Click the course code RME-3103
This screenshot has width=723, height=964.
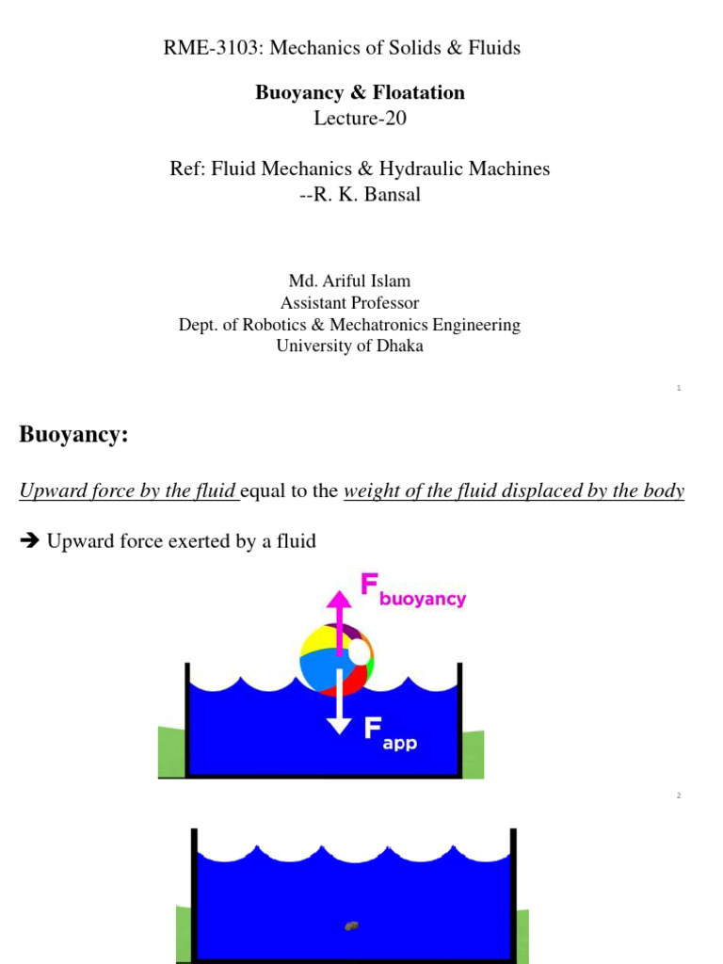click(x=206, y=47)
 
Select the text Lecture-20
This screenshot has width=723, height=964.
click(x=361, y=118)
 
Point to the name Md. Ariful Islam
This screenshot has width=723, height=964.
click(x=349, y=281)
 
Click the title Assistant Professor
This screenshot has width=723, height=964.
click(x=349, y=303)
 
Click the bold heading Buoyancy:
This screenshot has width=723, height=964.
click(x=73, y=436)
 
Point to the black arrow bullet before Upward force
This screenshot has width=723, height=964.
click(x=28, y=541)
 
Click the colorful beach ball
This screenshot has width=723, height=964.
click(x=336, y=660)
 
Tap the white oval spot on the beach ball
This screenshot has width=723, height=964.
click(x=359, y=653)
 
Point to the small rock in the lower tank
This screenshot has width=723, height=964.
click(x=351, y=925)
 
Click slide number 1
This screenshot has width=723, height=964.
click(x=679, y=388)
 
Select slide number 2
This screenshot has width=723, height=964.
click(x=678, y=795)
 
